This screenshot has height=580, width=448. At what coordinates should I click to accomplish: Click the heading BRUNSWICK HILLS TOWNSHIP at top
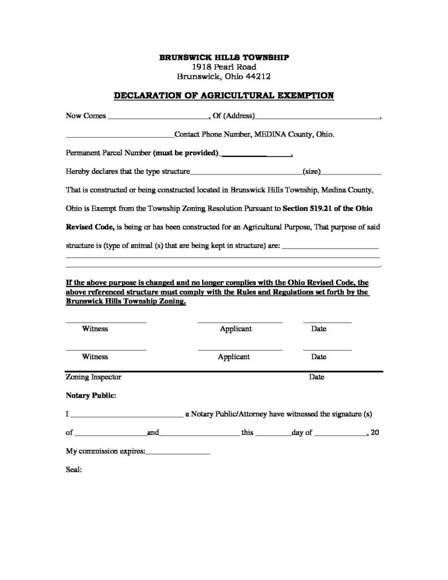tap(224, 58)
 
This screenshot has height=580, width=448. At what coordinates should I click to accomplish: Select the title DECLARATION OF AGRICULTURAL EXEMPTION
tap(224, 95)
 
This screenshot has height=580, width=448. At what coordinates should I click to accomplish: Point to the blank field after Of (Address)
tap(317, 117)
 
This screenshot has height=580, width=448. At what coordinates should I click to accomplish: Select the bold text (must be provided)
tap(186, 153)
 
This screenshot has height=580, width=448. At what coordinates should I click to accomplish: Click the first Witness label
tap(95, 329)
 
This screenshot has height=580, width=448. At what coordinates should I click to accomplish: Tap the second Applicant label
tap(234, 357)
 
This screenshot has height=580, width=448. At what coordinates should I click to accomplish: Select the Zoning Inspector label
tap(93, 377)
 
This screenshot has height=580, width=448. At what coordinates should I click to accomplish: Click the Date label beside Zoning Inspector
tap(317, 377)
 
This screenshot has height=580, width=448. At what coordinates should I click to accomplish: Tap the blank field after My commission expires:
tap(178, 453)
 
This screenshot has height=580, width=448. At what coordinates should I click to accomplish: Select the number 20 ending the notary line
tap(374, 433)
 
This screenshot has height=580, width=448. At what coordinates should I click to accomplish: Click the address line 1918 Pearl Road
tap(224, 67)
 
